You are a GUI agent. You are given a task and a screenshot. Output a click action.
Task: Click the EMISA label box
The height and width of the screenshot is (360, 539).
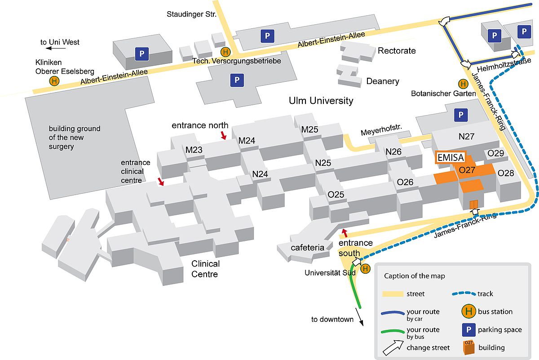[451, 157]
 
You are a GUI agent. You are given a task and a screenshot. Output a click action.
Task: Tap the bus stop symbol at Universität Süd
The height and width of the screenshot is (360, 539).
[365, 268]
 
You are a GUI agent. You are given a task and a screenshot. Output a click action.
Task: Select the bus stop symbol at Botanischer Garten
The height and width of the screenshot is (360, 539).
[463, 84]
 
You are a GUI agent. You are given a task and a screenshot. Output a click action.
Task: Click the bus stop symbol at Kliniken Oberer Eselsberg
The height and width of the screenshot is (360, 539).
[54, 81]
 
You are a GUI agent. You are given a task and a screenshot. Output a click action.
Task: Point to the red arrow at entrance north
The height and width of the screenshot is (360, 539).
[224, 135]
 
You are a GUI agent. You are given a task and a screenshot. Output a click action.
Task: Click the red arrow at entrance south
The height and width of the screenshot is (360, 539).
[345, 233]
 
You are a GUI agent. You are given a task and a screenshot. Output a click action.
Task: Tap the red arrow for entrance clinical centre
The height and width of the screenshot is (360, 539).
[161, 181]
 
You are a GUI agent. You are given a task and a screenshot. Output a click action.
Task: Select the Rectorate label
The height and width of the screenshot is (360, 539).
[397, 51]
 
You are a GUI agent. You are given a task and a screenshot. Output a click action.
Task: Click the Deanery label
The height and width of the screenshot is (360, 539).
[383, 81]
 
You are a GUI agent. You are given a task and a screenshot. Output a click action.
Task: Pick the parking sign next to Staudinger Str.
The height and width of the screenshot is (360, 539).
[267, 36]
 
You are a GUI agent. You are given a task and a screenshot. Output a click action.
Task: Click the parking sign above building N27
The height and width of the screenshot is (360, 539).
[461, 115]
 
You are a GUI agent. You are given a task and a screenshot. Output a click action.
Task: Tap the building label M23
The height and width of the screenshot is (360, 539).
[194, 150]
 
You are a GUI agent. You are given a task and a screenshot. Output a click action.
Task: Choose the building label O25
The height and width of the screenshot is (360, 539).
[336, 194]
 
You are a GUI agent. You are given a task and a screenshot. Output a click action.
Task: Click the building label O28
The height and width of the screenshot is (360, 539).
[506, 173]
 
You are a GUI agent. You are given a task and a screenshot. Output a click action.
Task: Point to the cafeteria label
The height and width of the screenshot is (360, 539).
[307, 248]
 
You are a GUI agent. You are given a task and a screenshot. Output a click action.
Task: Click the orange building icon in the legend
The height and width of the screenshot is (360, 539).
[469, 347]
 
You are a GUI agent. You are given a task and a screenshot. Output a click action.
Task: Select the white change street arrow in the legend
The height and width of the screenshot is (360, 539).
[393, 348]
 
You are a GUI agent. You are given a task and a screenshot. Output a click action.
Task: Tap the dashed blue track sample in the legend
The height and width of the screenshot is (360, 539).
[464, 293]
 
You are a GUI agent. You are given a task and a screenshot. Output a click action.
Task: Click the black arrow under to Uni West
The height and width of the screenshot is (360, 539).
[56, 48]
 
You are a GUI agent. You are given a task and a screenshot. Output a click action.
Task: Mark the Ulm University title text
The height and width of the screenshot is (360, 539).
[321, 101]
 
